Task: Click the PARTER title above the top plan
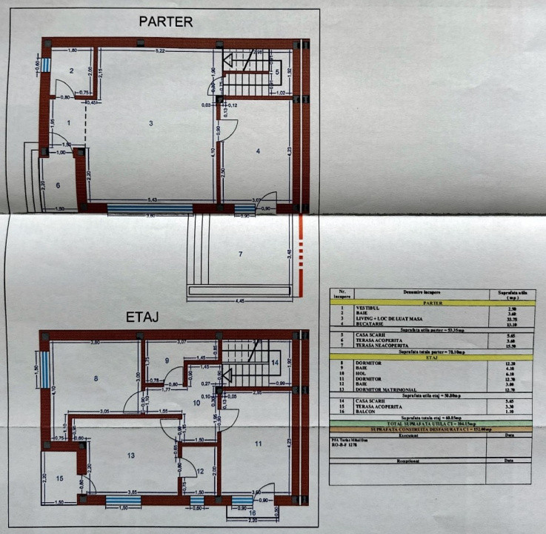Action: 166,22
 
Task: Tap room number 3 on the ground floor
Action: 150,122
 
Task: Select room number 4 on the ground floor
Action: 258,151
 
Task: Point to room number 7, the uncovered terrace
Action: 239,254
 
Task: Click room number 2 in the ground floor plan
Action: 72,70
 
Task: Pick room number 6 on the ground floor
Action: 58,186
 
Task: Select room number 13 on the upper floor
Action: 131,455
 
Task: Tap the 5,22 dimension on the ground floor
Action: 160,50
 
